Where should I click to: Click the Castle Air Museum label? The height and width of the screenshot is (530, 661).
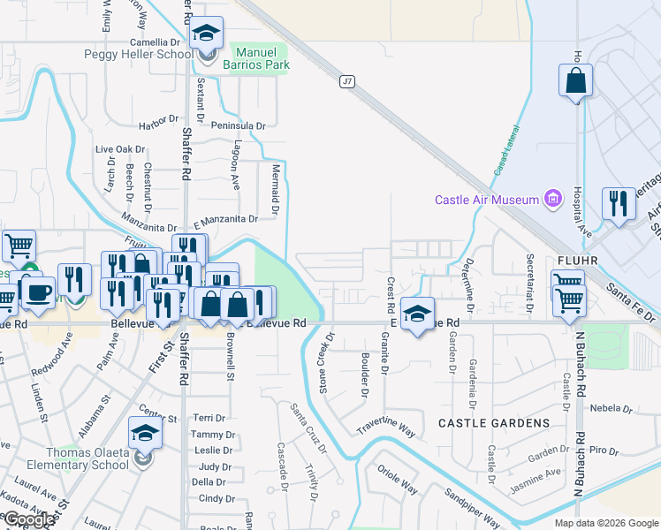coord(489,200)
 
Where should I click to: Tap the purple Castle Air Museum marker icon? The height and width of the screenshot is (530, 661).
coord(554,198)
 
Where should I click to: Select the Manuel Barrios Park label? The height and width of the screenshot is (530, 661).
coord(261,59)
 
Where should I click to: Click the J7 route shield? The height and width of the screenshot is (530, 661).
coord(346,81)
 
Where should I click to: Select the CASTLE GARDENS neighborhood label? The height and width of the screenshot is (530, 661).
coord(494,423)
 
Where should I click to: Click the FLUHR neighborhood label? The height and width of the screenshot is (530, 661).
coord(580,261)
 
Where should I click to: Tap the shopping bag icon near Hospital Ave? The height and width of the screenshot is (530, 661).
coord(575,81)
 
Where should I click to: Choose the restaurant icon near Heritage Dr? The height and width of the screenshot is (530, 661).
coord(619,204)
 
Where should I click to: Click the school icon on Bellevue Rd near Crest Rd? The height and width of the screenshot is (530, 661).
coord(417,313)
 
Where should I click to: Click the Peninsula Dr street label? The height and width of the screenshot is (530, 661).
coord(237,126)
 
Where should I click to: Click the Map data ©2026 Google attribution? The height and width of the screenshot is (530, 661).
coord(606,523)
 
